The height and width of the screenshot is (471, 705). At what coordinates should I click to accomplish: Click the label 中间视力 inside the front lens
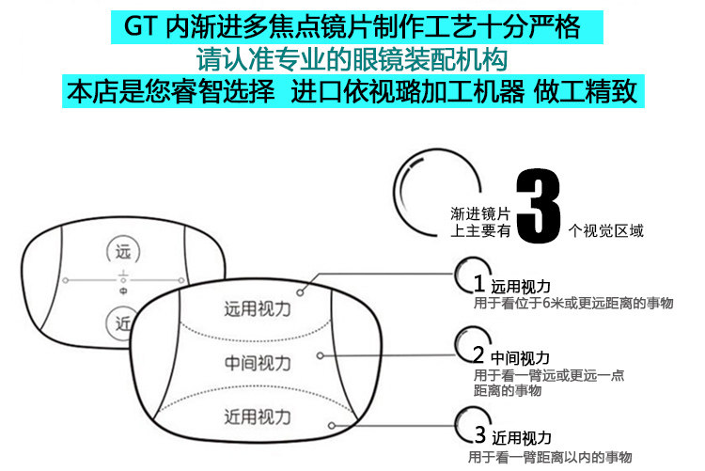tap(258, 362)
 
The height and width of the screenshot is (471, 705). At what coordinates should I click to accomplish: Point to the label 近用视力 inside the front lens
tap(258, 416)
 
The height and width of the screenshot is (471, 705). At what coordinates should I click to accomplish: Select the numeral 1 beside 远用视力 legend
tap(478, 284)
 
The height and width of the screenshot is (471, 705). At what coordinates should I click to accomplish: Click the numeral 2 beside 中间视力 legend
tap(478, 356)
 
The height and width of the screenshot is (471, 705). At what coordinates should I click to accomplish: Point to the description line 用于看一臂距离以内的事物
tap(551, 457)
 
